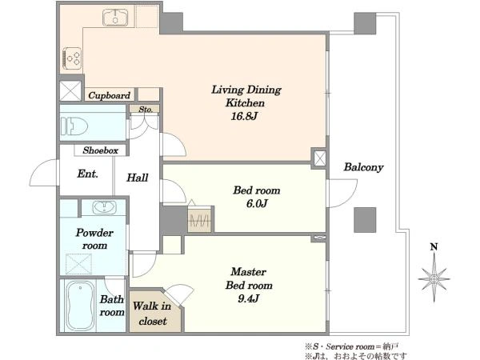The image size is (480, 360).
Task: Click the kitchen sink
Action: point(115,18)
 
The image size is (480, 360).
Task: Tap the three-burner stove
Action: point(72,58)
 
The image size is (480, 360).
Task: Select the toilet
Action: point(74,126)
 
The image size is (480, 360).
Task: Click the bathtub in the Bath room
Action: point(81,306)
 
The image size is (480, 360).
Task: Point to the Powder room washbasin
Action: point(104,207)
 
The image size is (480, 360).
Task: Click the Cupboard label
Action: point(110,95)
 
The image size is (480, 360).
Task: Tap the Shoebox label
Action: point(101,150)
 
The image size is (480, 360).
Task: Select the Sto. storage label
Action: point(146,110)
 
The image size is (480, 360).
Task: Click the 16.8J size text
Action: point(244,116)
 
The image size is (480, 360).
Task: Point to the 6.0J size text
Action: point(257,203)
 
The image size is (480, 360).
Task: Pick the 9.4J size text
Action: point(249,298)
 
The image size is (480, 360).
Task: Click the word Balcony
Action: point(363,167)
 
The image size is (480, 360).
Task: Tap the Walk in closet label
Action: point(152,313)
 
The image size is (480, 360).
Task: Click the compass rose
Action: point(434,278)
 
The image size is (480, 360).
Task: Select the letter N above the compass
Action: point(434,246)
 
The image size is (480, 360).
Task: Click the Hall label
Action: point(138,178)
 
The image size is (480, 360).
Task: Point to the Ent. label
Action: point(88,174)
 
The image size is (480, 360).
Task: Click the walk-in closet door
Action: point(180,294)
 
